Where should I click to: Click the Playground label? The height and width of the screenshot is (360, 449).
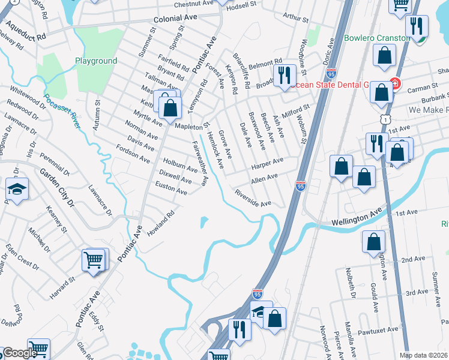pos(96,61)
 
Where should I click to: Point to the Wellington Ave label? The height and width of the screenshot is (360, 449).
pos(357,218)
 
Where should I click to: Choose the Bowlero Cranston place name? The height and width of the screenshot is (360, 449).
pos(376,38)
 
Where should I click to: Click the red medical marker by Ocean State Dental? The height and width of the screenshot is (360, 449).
pos(394,83)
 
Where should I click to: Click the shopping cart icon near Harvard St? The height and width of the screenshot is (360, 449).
pos(94,260)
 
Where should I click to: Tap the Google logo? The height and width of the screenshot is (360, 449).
pos(20,353)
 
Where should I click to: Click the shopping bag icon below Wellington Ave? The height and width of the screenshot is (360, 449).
pos(373,242)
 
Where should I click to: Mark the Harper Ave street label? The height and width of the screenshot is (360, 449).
pos(268,163)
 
